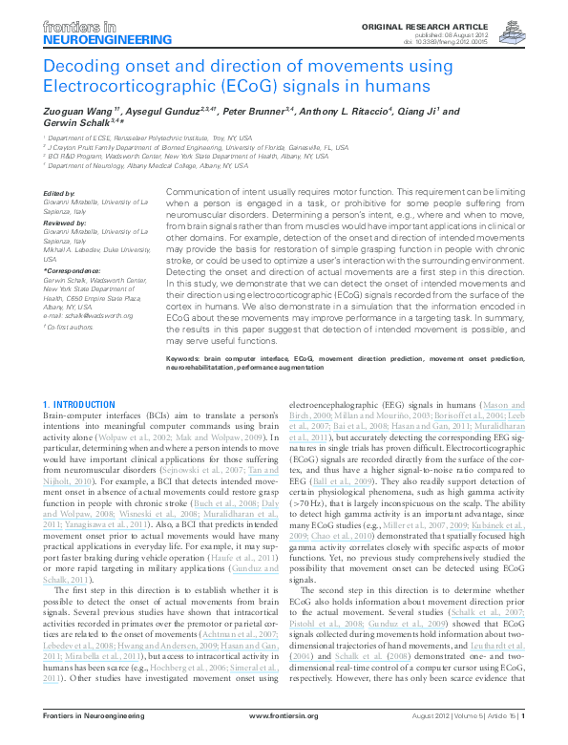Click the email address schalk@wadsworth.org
tap(100, 313)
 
